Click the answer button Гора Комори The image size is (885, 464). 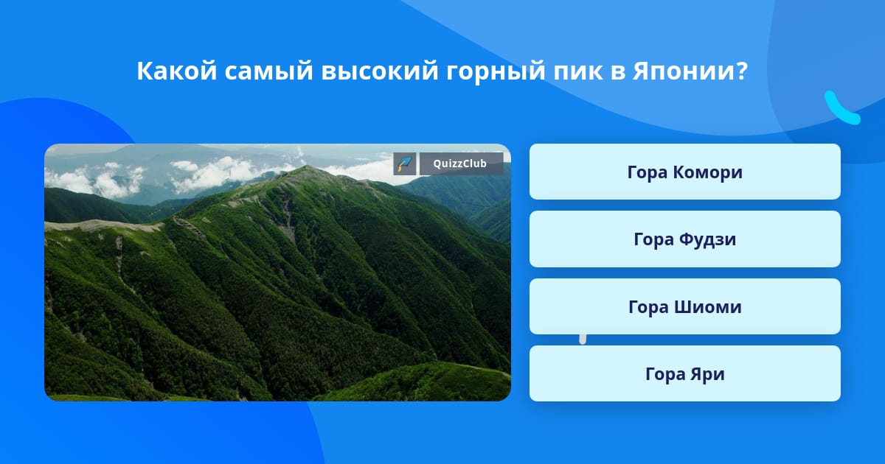(684, 172)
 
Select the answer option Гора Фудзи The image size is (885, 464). (684, 239)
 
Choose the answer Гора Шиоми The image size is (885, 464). (684, 306)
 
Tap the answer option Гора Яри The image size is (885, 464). (684, 373)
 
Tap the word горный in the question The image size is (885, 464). (496, 72)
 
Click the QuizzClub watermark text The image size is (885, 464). (459, 164)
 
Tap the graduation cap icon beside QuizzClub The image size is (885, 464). (405, 164)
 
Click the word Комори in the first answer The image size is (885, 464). (707, 172)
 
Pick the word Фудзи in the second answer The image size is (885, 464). (707, 239)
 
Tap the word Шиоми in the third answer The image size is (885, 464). (707, 307)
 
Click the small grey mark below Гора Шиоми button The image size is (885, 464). (583, 340)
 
